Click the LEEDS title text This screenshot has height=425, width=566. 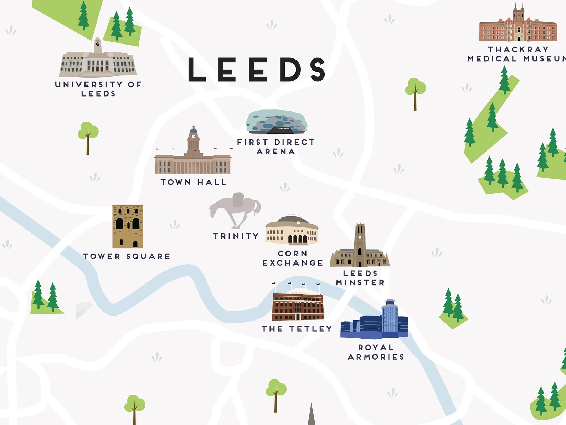click(x=257, y=69)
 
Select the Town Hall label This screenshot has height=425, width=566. click(x=194, y=182)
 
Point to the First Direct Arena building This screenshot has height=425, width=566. click(x=276, y=122)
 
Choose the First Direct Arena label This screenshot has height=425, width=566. click(x=276, y=147)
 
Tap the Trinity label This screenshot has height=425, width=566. click(x=236, y=236)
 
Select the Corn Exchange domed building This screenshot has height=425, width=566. click(x=292, y=231)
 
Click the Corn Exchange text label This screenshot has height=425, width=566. click(x=293, y=258)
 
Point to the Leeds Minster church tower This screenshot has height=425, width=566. click(x=360, y=242)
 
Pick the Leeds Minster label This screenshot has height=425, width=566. click(x=360, y=278)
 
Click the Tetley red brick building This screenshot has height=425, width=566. click(x=298, y=306)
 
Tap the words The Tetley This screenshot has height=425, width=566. click(x=297, y=329)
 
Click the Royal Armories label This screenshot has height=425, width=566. click(x=376, y=352)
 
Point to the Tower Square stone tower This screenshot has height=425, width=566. click(x=128, y=226)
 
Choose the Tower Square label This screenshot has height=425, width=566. click(x=127, y=256)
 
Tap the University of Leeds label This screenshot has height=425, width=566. click(x=98, y=89)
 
